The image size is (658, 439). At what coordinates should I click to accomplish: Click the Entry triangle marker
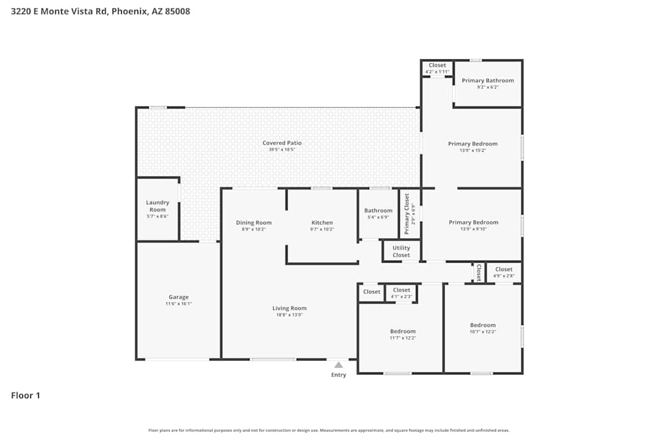(338, 365)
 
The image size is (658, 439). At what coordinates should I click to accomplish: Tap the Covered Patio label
(282, 143)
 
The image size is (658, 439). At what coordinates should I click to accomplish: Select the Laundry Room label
(157, 206)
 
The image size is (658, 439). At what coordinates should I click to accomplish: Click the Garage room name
(178, 297)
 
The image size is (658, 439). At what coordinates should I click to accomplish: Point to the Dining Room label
(253, 222)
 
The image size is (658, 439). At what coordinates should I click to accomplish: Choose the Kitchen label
(322, 222)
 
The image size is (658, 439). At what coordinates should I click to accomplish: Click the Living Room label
(290, 308)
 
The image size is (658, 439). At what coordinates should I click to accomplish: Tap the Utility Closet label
(401, 251)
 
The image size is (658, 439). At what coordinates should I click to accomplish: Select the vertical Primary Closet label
(407, 214)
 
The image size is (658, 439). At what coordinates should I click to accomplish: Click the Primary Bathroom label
(488, 80)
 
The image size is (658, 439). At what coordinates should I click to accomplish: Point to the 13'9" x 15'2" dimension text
(472, 151)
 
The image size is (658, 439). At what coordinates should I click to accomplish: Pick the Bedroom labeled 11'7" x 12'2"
(403, 331)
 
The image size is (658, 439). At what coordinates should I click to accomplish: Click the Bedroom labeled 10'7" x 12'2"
(482, 325)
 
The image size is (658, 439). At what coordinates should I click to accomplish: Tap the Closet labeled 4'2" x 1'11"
(438, 65)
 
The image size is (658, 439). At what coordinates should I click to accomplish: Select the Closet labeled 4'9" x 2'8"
(504, 269)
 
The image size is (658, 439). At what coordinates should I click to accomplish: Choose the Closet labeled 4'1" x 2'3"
(401, 290)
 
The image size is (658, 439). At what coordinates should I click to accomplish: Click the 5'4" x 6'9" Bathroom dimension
(378, 217)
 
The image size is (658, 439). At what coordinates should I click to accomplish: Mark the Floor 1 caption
(26, 396)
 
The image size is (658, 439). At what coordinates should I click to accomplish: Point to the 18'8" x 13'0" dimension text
(290, 315)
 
